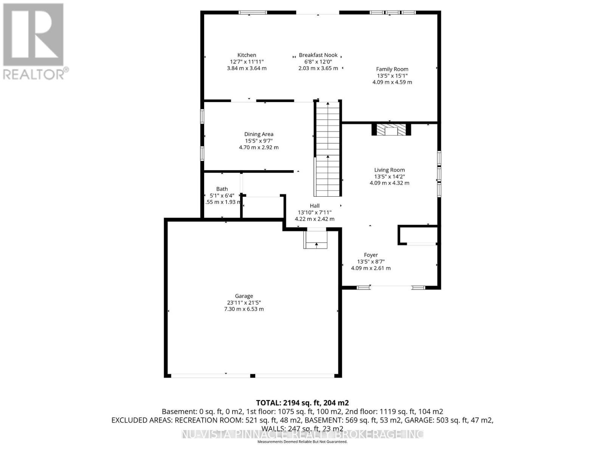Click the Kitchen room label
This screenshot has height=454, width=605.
pos(247,55)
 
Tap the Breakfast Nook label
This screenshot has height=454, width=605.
pos(318,55)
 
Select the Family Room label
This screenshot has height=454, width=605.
pos(392,69)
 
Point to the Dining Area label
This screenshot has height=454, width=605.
pos(259,134)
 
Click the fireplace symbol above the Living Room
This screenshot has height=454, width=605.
pos(391,130)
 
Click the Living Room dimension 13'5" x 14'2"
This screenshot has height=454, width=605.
pos(389,177)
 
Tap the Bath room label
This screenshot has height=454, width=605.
pos(222,189)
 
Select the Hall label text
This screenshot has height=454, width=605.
pos(315,206)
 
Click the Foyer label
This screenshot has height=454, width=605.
pos(371,255)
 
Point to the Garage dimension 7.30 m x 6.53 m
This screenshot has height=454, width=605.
pos(244,309)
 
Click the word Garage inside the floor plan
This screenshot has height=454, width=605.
pos(244,296)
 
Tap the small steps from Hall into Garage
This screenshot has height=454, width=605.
pos(316,241)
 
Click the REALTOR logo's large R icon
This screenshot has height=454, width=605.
pos(33,35)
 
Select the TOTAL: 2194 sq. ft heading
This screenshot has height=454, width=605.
pos(302,403)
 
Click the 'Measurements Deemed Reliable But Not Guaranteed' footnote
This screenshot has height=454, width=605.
pos(302,442)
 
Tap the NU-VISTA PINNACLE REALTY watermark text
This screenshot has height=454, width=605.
pos(302,434)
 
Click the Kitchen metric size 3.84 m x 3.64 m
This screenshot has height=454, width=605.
pos(247,68)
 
